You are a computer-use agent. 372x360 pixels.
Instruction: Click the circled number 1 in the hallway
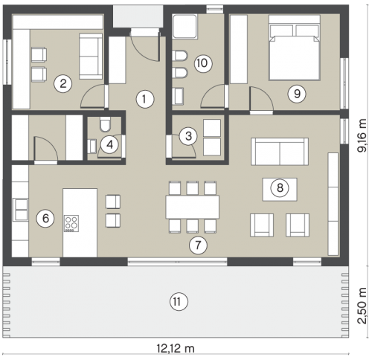pos(145,99)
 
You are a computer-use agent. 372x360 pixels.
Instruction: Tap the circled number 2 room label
pos(63,83)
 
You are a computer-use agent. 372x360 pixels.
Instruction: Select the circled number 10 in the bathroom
pos(203,63)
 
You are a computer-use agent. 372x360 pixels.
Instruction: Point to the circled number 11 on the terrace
pos(179,302)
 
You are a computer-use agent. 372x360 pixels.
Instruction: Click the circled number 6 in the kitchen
pos(45,218)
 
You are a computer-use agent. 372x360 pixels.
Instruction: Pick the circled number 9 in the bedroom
pos(297,94)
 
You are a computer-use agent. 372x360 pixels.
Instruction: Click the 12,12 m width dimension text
pos(176,349)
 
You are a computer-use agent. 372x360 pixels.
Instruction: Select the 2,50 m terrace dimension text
pos(362,306)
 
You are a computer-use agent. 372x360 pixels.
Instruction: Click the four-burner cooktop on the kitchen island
pos(71,223)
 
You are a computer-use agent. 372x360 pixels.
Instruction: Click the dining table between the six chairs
pos(193,207)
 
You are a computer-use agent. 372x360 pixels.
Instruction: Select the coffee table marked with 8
pos(280,190)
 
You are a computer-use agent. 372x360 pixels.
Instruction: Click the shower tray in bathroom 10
pos(185,27)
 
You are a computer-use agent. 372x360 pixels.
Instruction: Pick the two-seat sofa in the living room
pos(280,152)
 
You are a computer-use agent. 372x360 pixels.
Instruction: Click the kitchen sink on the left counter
pos(22,210)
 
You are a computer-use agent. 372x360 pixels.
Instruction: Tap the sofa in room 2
pos(91,57)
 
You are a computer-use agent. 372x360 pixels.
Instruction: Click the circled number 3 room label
pos(188,136)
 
